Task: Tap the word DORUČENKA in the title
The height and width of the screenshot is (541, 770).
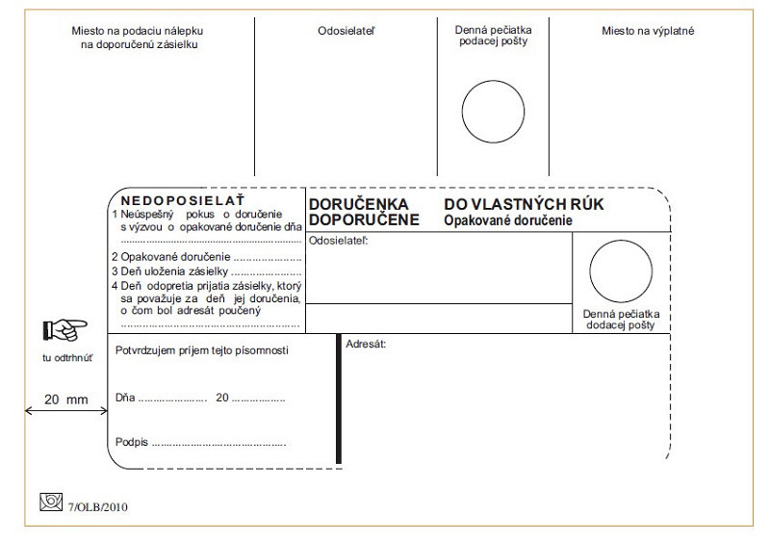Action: pyautogui.click(x=359, y=204)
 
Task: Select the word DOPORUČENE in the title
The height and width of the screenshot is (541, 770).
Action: pyautogui.click(x=364, y=219)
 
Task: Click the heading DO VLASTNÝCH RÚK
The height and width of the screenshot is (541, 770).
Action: pyautogui.click(x=525, y=204)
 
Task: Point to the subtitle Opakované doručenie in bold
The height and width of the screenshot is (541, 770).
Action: pyautogui.click(x=508, y=220)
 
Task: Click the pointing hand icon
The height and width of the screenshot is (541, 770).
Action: pyautogui.click(x=60, y=332)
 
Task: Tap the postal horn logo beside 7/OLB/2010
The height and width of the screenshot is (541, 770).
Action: pyautogui.click(x=50, y=502)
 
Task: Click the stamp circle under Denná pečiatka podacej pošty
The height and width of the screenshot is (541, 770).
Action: pyautogui.click(x=491, y=104)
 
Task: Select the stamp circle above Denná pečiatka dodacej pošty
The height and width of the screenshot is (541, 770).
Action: pyautogui.click(x=619, y=270)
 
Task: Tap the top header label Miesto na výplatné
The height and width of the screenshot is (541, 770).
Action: pyautogui.click(x=648, y=31)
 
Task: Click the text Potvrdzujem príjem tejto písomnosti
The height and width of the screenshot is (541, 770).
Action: pyautogui.click(x=201, y=349)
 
